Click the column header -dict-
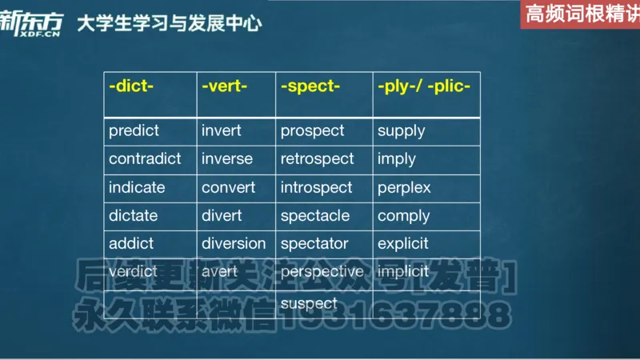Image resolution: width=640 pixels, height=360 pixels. click(x=130, y=86)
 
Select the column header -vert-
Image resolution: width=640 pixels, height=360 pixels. click(x=225, y=86)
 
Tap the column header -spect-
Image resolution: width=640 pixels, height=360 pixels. click(x=310, y=86)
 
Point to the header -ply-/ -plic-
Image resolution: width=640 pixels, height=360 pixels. click(x=424, y=86)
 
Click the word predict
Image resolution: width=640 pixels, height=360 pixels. click(x=134, y=130)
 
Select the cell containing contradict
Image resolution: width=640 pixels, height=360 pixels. click(x=145, y=159)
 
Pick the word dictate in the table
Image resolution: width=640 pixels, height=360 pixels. click(x=134, y=216)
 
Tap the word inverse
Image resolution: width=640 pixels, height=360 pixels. click(x=226, y=159)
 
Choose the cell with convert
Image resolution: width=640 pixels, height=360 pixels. click(x=229, y=188)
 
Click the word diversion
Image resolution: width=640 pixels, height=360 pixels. click(x=234, y=244)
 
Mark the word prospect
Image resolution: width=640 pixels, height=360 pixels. click(x=312, y=130)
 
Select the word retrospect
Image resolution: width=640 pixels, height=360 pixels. click(x=317, y=159)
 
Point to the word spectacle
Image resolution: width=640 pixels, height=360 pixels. click(x=315, y=216)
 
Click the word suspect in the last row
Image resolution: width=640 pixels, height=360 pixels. click(x=309, y=303)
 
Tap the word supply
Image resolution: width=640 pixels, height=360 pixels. click(x=401, y=130)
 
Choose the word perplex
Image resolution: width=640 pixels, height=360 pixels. click(x=404, y=188)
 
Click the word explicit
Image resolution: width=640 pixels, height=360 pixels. click(x=403, y=244)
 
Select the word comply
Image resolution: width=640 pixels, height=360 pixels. click(x=403, y=216)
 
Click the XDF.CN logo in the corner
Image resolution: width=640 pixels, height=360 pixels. click(x=30, y=24)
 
